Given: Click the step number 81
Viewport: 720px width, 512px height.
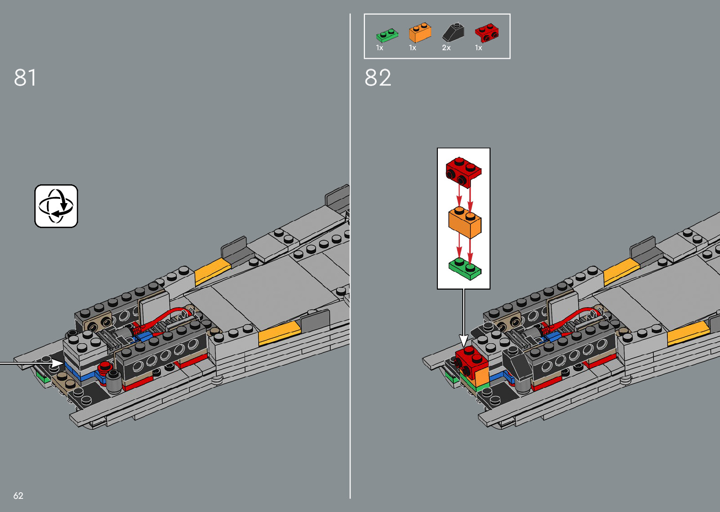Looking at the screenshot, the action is pyautogui.click(x=25, y=78).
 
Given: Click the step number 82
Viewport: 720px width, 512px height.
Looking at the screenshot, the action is pyautogui.click(x=378, y=78).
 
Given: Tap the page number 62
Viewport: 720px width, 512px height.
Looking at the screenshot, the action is pyautogui.click(x=18, y=496).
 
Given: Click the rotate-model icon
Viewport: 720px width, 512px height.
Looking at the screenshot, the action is pyautogui.click(x=56, y=206).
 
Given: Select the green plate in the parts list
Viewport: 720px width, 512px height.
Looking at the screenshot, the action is pyautogui.click(x=387, y=35).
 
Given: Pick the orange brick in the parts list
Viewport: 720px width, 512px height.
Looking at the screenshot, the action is pyautogui.click(x=420, y=33).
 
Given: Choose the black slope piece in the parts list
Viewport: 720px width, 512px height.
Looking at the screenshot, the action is pyautogui.click(x=453, y=32).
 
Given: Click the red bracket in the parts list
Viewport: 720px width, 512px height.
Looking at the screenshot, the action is pyautogui.click(x=486, y=33).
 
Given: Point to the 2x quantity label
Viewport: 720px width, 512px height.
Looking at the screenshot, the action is pyautogui.click(x=446, y=48).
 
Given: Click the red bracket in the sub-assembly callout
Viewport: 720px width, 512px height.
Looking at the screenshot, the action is pyautogui.click(x=463, y=172).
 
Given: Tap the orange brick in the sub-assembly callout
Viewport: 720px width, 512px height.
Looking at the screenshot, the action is pyautogui.click(x=465, y=223).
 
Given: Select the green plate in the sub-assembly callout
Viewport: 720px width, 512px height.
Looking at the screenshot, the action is pyautogui.click(x=465, y=268).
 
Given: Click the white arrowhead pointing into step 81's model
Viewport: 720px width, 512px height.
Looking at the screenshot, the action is pyautogui.click(x=57, y=363).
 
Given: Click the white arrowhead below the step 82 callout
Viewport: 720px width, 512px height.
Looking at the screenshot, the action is pyautogui.click(x=464, y=340).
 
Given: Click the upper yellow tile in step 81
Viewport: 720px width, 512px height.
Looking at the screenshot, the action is pyautogui.click(x=212, y=271).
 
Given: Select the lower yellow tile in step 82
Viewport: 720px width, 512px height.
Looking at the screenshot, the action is pyautogui.click(x=688, y=334).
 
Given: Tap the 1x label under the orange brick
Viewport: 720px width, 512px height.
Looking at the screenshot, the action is pyautogui.click(x=412, y=48).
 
